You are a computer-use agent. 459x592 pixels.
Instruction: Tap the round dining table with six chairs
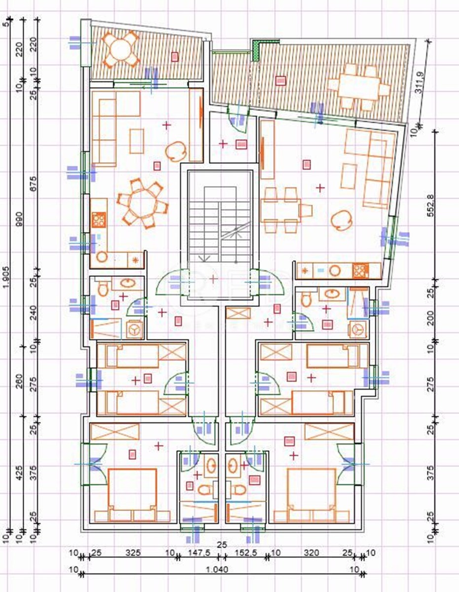[142, 202]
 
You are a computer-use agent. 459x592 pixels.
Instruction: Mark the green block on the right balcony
[256, 50]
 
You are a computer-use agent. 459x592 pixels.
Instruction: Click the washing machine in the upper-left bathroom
[134, 329]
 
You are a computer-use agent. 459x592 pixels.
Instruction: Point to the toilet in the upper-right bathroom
[306, 298]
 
